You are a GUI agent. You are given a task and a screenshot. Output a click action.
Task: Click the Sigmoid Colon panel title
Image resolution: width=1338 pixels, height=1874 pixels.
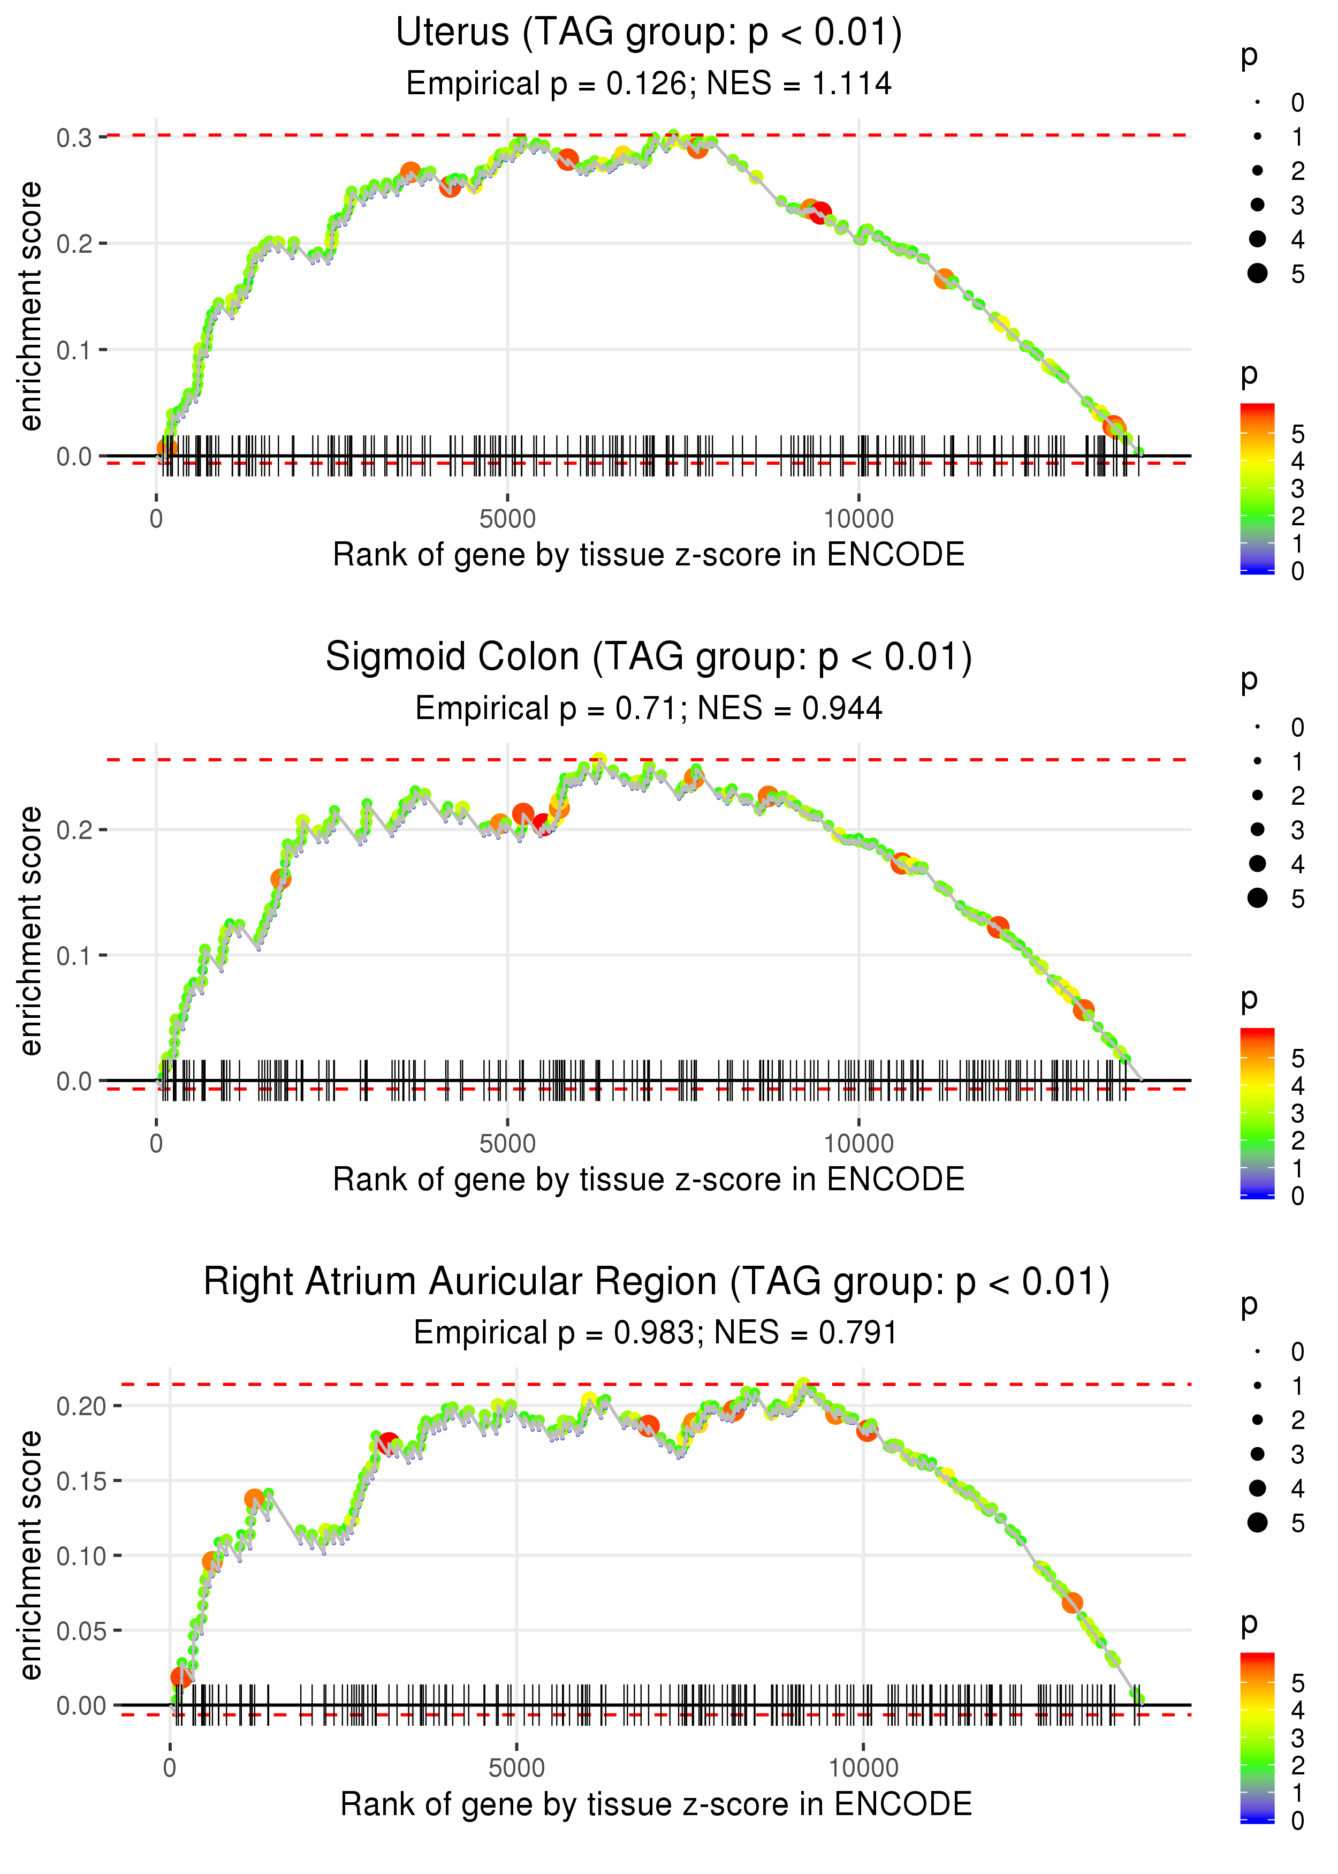[649, 658]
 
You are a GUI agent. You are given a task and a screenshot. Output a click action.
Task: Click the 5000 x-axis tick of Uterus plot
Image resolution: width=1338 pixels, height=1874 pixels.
[507, 519]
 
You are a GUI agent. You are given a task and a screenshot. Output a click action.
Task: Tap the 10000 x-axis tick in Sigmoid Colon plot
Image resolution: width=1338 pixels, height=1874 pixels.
[858, 1144]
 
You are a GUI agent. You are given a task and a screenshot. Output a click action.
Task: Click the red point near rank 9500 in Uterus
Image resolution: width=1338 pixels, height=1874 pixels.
[820, 214]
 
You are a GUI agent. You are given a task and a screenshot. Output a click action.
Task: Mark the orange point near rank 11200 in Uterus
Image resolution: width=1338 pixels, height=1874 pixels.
[944, 278]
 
